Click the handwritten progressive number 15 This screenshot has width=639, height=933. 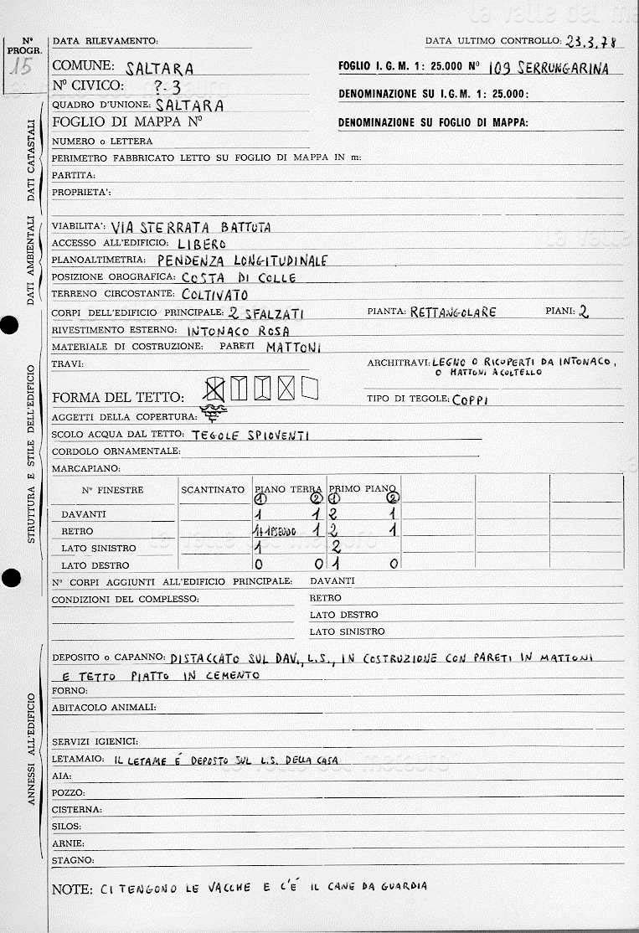[x=19, y=68]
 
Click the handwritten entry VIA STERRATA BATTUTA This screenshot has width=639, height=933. [x=190, y=226]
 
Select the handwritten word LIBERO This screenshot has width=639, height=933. [x=202, y=243]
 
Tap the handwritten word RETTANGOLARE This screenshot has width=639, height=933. [x=453, y=312]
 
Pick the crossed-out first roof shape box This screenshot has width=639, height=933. [x=215, y=388]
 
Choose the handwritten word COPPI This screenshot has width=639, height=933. [x=471, y=399]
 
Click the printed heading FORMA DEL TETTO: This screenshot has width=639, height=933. [x=117, y=397]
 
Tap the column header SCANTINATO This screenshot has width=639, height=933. [x=213, y=489]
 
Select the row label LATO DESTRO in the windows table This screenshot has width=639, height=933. [x=95, y=565]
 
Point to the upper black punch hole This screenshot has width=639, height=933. [x=9, y=327]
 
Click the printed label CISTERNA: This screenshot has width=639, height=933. [x=77, y=810]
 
